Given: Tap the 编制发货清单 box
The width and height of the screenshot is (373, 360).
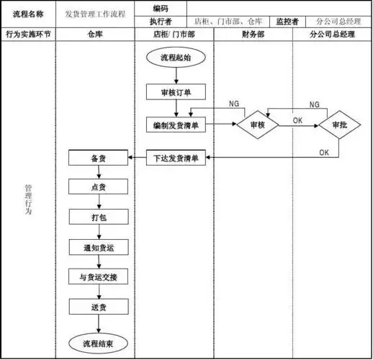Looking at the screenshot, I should (x=177, y=124).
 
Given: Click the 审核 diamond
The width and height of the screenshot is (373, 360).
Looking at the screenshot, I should (x=258, y=125).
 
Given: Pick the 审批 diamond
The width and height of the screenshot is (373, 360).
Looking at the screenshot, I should (x=339, y=125).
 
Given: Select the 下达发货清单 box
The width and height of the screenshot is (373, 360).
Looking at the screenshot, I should (x=177, y=158).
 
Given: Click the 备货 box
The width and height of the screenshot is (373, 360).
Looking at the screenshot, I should (x=98, y=158).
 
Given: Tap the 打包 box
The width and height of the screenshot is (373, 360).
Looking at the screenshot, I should (x=98, y=217).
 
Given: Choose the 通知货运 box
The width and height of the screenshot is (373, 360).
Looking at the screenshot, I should (x=98, y=247).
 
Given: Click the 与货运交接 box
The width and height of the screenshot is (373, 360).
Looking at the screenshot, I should (x=98, y=276).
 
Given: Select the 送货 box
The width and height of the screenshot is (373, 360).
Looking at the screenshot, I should (x=98, y=307).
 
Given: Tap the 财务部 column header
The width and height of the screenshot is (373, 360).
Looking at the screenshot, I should (x=253, y=34).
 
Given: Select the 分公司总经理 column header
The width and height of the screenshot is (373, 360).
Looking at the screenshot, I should (x=332, y=34).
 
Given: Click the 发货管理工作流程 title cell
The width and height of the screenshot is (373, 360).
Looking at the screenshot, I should (x=94, y=14).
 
